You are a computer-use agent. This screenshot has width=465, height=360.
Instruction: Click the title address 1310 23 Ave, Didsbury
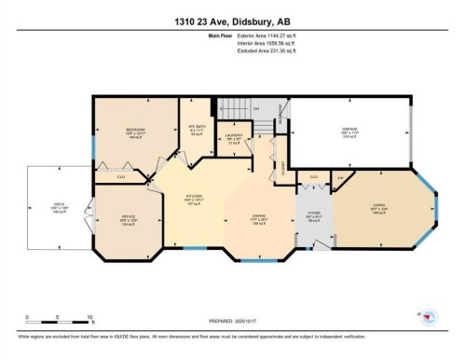232,21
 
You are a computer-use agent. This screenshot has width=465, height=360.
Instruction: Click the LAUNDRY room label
233,137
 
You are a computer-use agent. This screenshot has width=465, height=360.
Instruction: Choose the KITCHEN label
192,198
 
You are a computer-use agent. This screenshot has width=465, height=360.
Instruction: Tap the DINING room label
261,218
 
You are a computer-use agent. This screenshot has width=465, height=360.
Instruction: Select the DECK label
58,208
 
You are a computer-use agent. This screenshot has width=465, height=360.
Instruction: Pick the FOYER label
313,219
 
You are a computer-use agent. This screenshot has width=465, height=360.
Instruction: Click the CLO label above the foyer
313,175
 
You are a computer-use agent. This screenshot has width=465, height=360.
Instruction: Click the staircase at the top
244,111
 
